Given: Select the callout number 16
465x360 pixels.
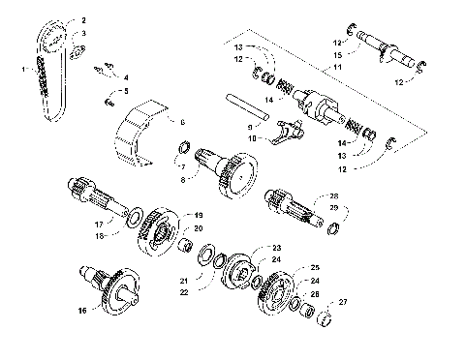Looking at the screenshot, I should pyautogui.click(x=82, y=311).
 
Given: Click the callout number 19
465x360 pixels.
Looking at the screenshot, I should pyautogui.click(x=199, y=214).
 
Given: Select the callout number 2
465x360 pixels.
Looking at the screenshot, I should pyautogui.click(x=82, y=19).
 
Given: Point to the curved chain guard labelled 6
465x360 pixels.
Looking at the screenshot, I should pyautogui.click(x=136, y=135).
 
